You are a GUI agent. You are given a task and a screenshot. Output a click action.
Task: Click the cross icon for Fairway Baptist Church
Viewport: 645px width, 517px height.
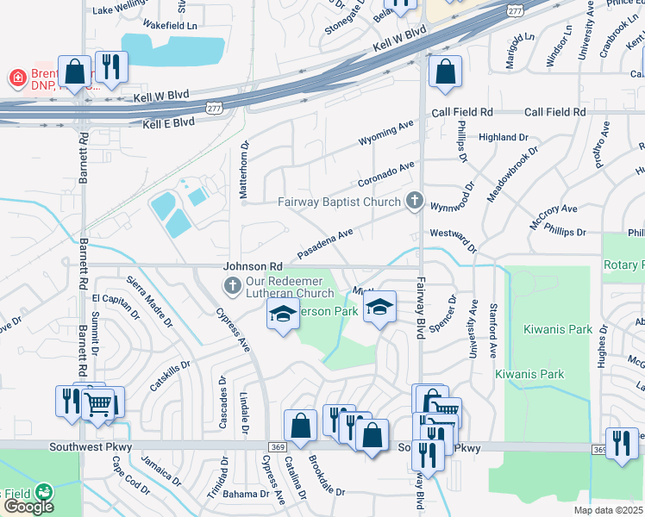tap(415, 202)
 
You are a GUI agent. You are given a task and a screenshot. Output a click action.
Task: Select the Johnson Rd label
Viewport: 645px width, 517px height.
tap(254, 267)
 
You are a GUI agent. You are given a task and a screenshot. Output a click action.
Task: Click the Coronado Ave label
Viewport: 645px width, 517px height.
tap(386, 174)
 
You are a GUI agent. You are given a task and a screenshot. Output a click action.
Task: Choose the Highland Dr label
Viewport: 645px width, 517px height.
tap(503, 137)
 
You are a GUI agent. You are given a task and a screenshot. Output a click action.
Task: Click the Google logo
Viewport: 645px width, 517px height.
tap(28, 507)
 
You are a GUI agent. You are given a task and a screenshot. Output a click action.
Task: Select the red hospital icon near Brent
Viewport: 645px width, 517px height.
tap(16, 78)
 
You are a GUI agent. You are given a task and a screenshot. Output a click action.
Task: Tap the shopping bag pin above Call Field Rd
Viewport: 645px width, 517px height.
tap(445, 74)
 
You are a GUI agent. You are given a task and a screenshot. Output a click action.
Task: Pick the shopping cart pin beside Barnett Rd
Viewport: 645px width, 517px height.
tap(99, 402)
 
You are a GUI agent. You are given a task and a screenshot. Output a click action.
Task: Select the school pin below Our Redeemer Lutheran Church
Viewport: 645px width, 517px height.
tap(282, 316)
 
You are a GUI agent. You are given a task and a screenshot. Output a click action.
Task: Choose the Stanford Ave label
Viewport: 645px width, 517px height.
tap(493, 329)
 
